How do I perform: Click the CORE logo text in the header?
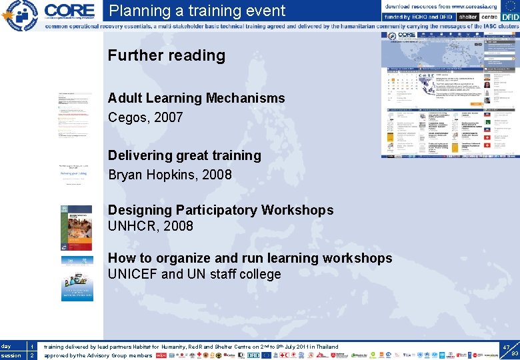(69, 10)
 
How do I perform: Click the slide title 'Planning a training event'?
(197, 11)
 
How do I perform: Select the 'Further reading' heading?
(167, 55)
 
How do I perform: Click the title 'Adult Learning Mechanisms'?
(196, 98)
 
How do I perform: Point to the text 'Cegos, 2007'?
(145, 117)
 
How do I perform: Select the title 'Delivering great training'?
(185, 155)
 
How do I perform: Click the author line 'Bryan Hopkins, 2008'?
(170, 175)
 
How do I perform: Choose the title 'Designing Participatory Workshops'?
(221, 210)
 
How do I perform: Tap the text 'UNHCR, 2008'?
(151, 226)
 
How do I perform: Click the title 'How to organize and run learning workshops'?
(250, 258)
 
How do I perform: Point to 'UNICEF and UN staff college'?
(195, 274)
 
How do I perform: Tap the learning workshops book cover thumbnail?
(77, 279)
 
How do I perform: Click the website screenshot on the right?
(449, 95)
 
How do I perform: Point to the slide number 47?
(507, 347)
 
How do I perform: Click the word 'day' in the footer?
(6, 347)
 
